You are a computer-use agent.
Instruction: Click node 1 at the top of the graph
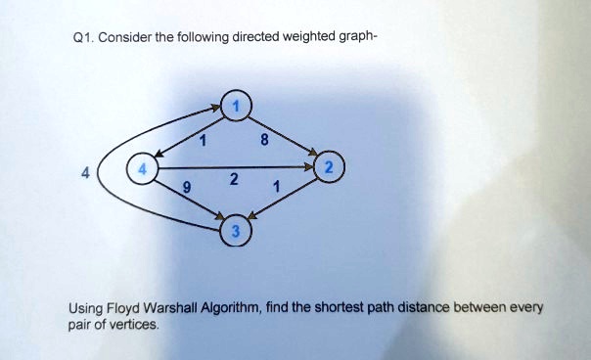pyautogui.click(x=236, y=105)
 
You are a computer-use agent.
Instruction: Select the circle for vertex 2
pyautogui.click(x=330, y=168)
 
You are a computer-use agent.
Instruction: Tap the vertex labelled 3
pyautogui.click(x=237, y=232)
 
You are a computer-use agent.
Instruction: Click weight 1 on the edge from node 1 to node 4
pyautogui.click(x=202, y=143)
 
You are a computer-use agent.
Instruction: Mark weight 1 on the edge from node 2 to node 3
pyautogui.click(x=277, y=187)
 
